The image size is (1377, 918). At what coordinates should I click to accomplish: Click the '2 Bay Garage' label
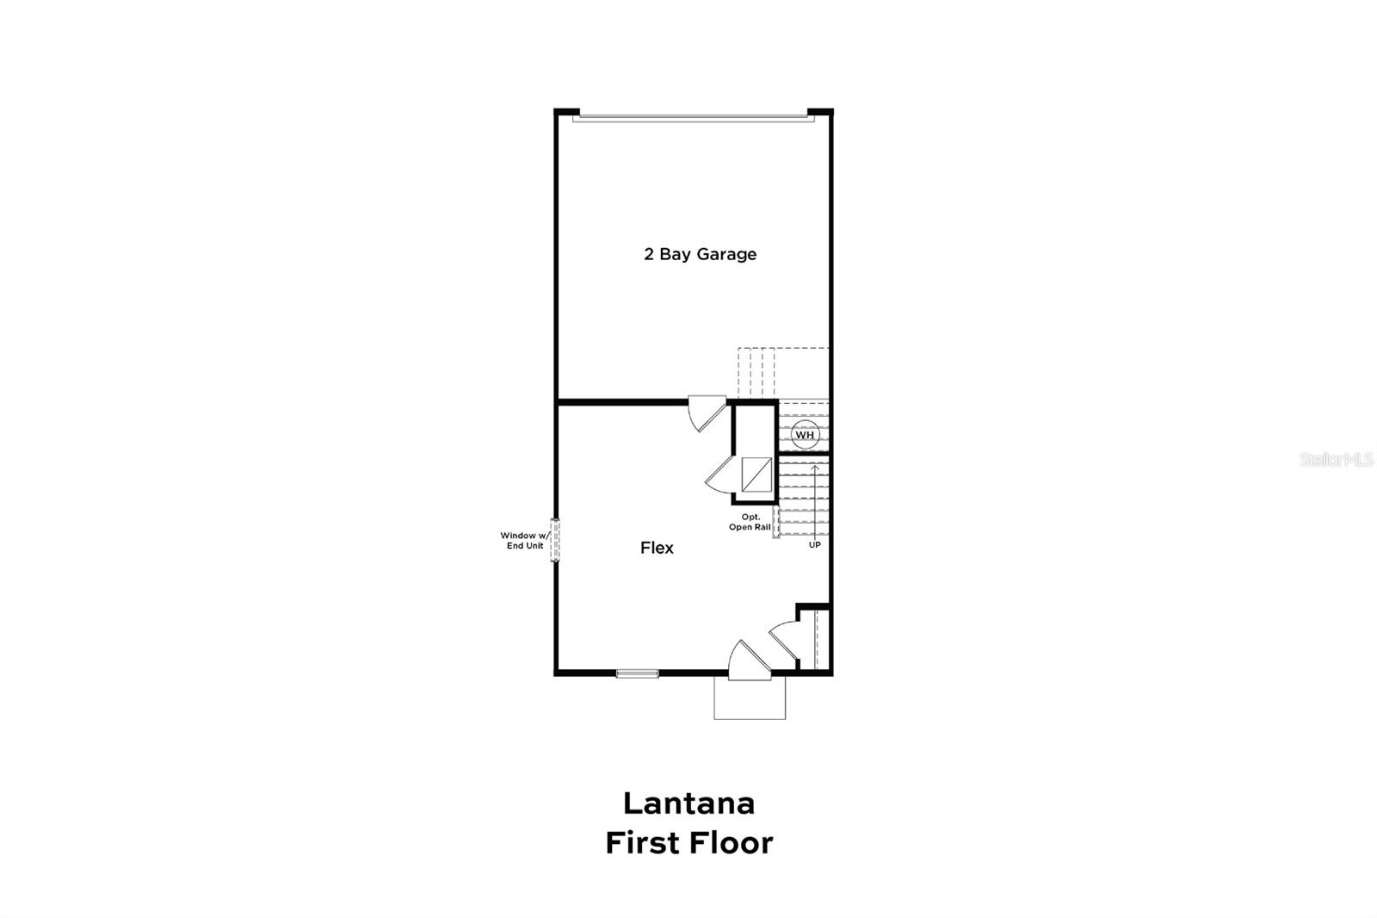(700, 254)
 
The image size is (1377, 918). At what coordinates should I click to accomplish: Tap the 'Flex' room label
(657, 548)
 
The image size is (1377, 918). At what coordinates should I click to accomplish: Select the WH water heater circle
(805, 435)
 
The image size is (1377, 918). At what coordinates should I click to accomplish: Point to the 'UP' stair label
(814, 545)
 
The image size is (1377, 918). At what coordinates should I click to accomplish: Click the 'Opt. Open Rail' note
(750, 522)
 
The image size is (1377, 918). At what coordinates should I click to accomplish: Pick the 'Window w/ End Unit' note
(524, 541)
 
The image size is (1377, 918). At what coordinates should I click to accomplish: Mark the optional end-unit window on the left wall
(556, 541)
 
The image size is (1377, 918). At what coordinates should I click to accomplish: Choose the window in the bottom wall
(638, 673)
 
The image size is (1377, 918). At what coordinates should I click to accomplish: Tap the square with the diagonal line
(756, 475)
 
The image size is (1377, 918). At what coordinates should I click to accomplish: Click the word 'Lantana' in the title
(688, 803)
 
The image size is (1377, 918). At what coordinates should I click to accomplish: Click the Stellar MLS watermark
(1337, 460)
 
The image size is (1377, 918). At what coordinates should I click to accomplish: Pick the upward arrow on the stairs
(815, 499)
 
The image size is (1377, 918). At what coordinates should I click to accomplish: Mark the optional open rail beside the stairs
(776, 522)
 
